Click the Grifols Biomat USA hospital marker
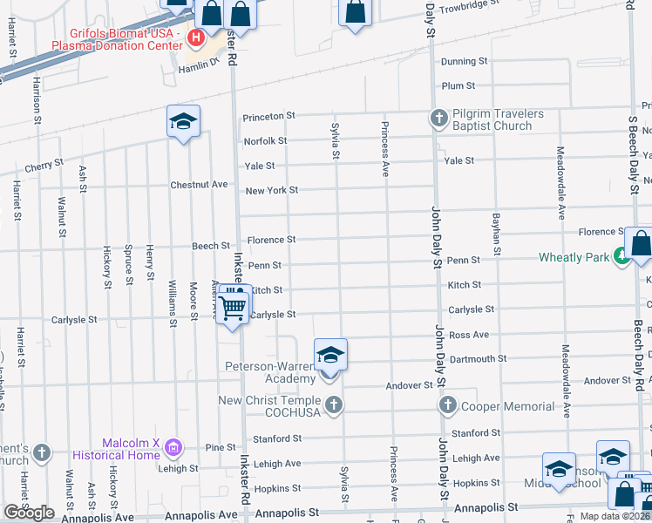pos(195,37)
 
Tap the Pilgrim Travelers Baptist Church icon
pos(438,117)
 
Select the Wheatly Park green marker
pos(621,256)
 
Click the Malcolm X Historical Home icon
pos(173,447)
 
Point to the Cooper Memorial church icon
pos(448,405)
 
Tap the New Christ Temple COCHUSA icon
pos(332,404)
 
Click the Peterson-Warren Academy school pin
pos(330,355)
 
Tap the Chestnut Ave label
pos(199,185)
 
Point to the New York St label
pos(272,190)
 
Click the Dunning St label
pos(464,62)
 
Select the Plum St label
pos(458,86)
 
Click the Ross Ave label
pos(469,335)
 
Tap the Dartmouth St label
pos(477,358)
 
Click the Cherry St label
pos(44,164)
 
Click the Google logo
pos(29,512)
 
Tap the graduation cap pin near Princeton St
pos(183,122)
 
